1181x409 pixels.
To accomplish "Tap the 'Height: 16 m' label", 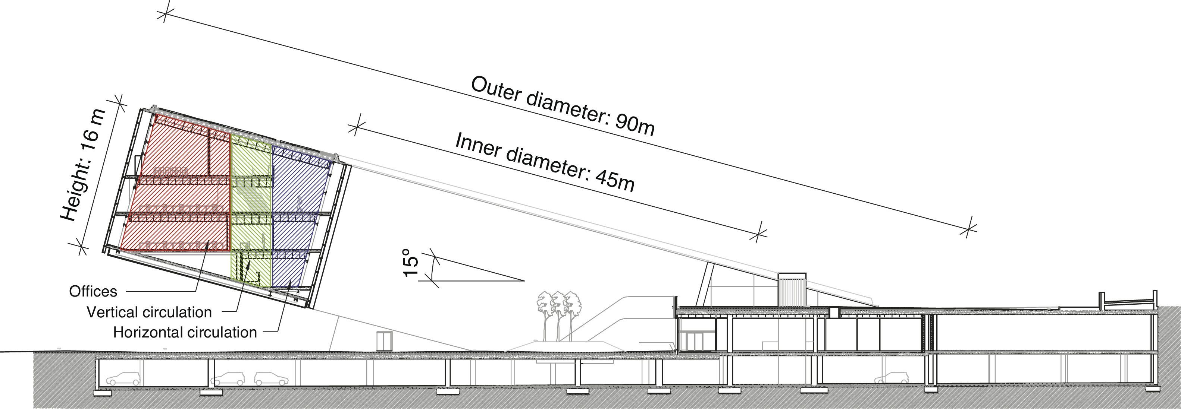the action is [x=84, y=165].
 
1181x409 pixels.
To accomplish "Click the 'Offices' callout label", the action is [x=93, y=291].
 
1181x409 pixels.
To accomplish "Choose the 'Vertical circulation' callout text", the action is [x=149, y=313].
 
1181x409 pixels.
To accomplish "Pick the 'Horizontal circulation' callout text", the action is [x=185, y=332].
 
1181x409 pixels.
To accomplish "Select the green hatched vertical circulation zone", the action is [x=250, y=206].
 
